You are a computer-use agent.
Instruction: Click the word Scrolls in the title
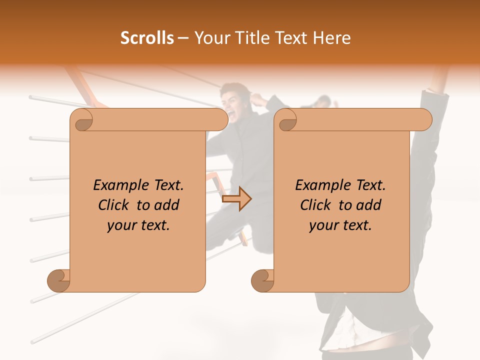pyautogui.click(x=147, y=38)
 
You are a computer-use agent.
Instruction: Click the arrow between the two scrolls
pyautogui.click(x=236, y=199)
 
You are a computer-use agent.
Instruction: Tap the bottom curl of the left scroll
pyautogui.click(x=59, y=280)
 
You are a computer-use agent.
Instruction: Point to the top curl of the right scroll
pyautogui.click(x=287, y=120)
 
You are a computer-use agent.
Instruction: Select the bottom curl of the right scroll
pyautogui.click(x=263, y=280)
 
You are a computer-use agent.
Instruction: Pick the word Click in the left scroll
pyautogui.click(x=114, y=205)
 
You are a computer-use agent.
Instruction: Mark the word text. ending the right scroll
pyautogui.click(x=356, y=225)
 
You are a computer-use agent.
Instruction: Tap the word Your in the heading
pyautogui.click(x=208, y=38)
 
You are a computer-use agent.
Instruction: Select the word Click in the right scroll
pyautogui.click(x=316, y=205)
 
